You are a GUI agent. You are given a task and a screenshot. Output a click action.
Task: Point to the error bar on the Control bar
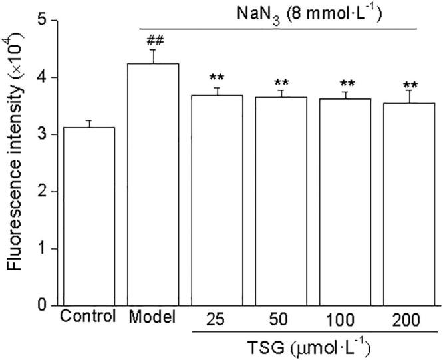point(88,124)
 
